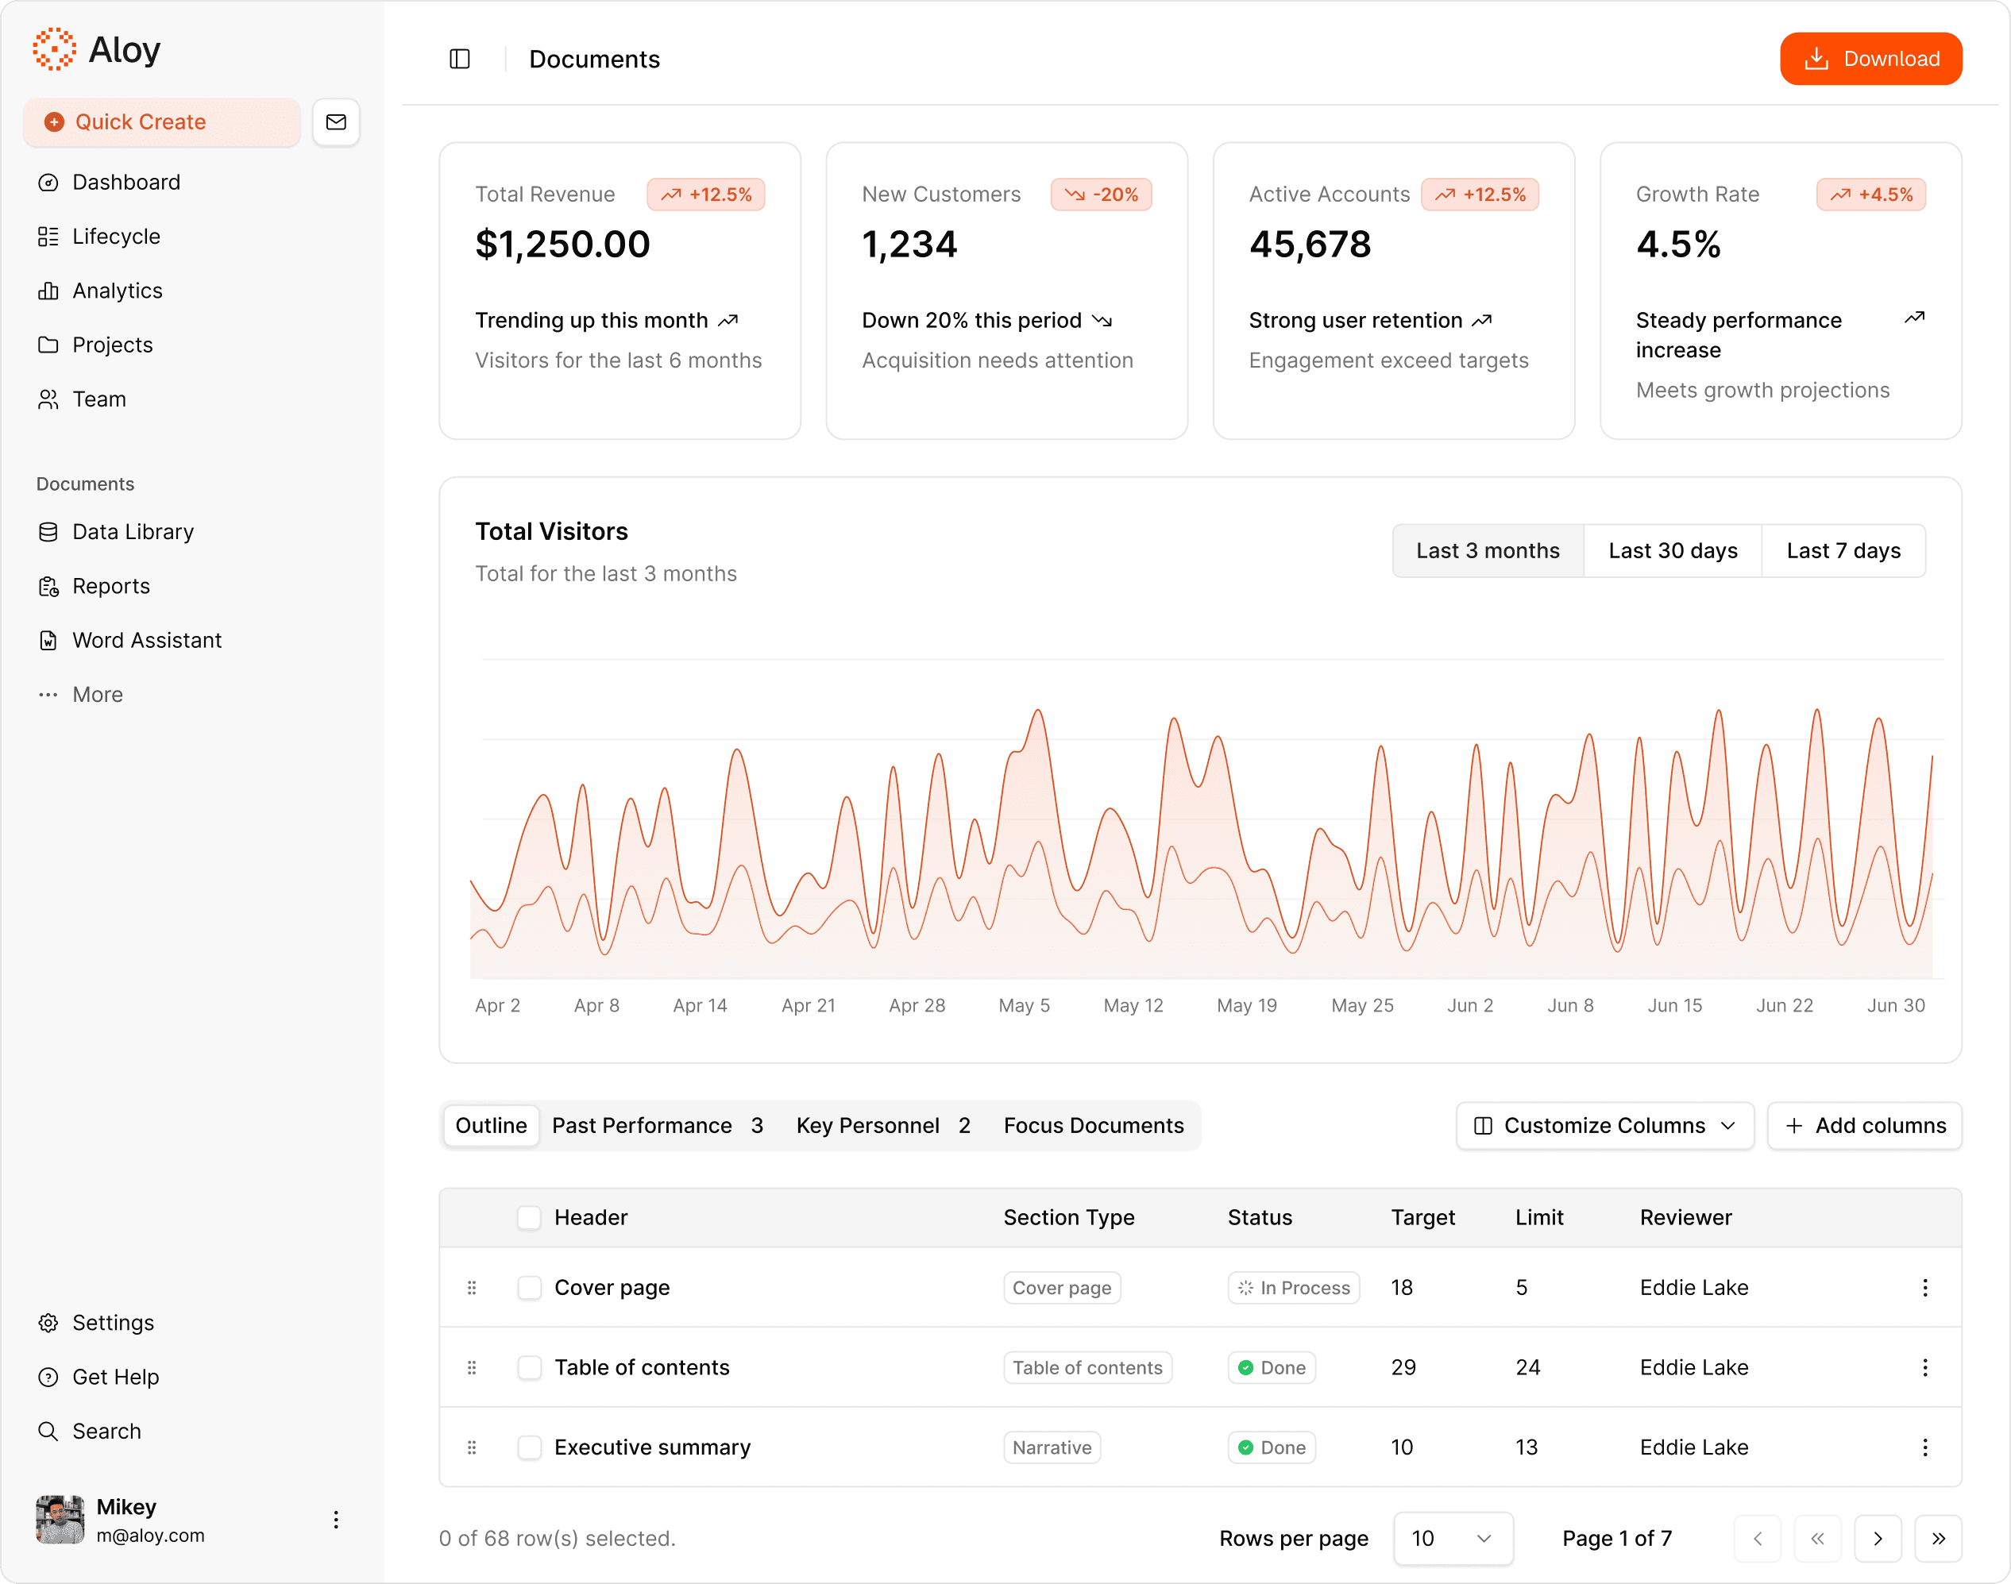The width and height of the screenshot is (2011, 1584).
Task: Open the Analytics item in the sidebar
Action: point(117,291)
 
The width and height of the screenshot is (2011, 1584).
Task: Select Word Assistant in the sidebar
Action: point(147,641)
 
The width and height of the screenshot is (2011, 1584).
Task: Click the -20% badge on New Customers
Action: point(1101,195)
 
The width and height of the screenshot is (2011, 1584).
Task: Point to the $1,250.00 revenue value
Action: point(562,245)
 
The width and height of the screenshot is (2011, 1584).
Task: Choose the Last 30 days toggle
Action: point(1673,551)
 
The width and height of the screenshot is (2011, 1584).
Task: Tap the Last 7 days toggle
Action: point(1843,551)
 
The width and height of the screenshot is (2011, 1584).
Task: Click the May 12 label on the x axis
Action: point(1133,1005)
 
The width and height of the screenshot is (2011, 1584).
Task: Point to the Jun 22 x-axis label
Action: point(1784,1005)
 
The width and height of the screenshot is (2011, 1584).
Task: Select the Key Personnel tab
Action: point(882,1126)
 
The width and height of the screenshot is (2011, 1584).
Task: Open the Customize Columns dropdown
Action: point(1604,1126)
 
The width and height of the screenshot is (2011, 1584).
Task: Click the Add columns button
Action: point(1864,1126)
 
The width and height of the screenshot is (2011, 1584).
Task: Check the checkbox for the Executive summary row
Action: point(530,1447)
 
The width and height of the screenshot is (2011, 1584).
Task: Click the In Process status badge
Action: point(1294,1288)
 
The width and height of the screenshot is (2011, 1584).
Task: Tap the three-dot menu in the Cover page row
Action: point(1924,1288)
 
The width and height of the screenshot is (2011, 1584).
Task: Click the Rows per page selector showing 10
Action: point(1453,1539)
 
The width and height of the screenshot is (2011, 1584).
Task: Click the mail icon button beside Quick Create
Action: point(336,122)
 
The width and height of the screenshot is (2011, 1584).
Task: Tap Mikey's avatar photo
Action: point(60,1520)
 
